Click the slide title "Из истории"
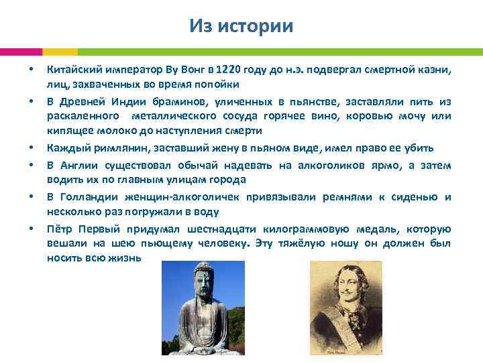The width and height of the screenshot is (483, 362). (x=241, y=25)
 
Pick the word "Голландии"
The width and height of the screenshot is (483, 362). (x=91, y=197)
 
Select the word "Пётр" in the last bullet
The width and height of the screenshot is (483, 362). (x=60, y=229)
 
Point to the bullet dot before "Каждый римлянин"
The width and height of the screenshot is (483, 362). (x=31, y=147)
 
